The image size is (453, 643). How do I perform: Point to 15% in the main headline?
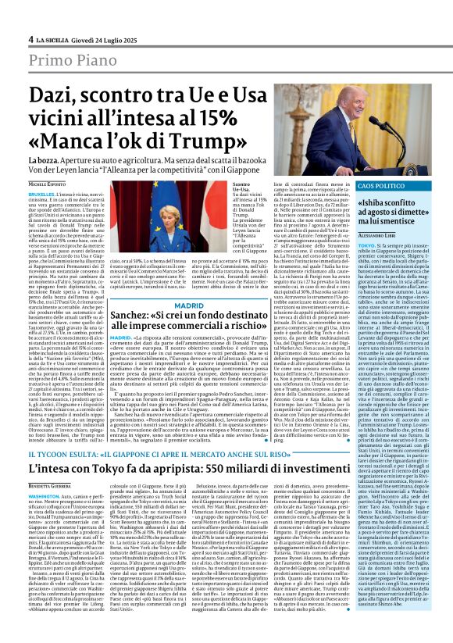click(215, 119)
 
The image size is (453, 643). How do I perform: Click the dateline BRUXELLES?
click(44, 192)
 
